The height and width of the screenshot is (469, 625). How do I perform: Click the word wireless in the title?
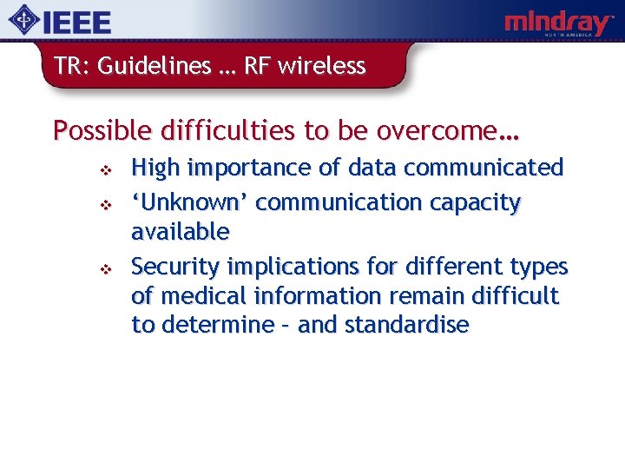[x=326, y=66]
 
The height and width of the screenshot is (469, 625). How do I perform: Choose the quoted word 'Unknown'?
[x=190, y=202]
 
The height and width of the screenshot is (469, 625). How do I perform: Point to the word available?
[x=181, y=232]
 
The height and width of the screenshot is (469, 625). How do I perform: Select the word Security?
[x=176, y=266]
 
